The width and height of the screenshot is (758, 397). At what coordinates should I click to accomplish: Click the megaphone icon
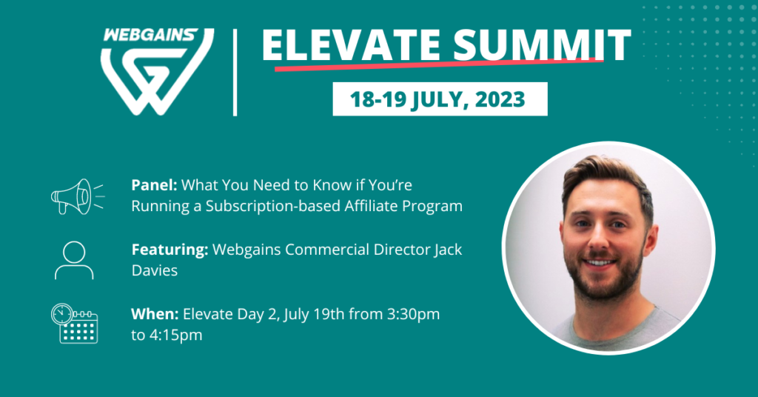click(77, 196)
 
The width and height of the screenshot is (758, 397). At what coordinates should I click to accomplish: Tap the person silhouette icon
click(74, 261)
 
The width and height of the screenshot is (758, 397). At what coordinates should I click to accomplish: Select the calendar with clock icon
click(75, 324)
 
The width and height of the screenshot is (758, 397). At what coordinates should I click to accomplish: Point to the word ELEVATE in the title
click(351, 45)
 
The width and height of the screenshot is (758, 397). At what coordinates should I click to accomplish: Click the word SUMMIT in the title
click(542, 45)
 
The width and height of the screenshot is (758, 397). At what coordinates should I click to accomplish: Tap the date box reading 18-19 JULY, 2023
click(440, 99)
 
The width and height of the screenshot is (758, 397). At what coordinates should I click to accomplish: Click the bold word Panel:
click(154, 184)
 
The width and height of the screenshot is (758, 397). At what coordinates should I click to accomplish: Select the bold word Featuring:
click(170, 250)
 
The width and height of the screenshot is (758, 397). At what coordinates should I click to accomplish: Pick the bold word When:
click(155, 314)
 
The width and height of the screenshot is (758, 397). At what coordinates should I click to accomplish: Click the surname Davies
click(155, 270)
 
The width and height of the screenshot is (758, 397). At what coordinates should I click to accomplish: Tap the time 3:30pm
click(413, 315)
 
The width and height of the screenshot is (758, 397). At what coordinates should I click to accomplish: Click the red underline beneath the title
click(439, 64)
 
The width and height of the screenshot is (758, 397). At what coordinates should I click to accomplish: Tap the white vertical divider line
click(235, 73)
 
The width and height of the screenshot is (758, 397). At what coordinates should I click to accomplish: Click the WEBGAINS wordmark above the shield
click(150, 35)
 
